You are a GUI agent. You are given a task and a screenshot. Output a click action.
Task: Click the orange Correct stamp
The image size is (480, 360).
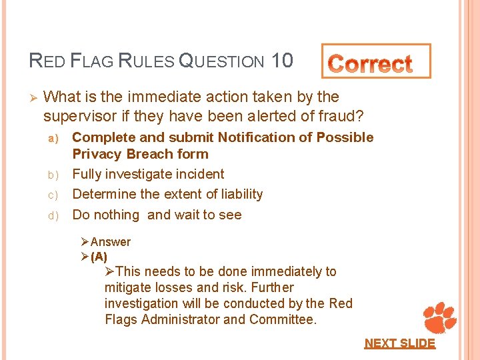click(x=376, y=62)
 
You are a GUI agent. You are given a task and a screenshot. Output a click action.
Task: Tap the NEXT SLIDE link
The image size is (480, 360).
click(x=399, y=343)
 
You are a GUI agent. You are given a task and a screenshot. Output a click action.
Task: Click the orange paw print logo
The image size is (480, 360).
click(x=439, y=317)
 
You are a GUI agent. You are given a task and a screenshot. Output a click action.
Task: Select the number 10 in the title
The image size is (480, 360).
click(x=282, y=61)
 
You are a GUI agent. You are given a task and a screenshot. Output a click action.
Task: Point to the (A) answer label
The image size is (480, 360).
click(x=99, y=256)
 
